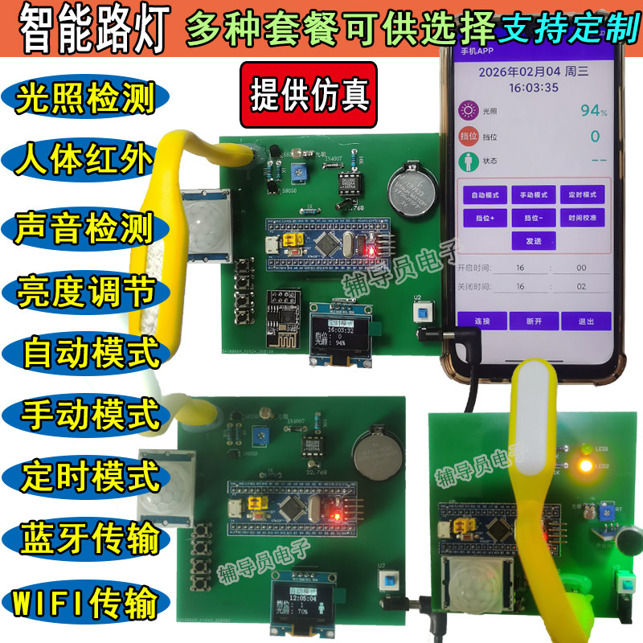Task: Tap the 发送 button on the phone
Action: (x=534, y=240)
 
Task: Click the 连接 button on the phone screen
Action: (x=483, y=321)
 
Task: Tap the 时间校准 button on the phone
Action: (x=580, y=217)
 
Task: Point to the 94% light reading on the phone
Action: (x=593, y=110)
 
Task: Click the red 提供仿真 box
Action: (x=309, y=95)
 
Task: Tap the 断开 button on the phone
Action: (x=534, y=321)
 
